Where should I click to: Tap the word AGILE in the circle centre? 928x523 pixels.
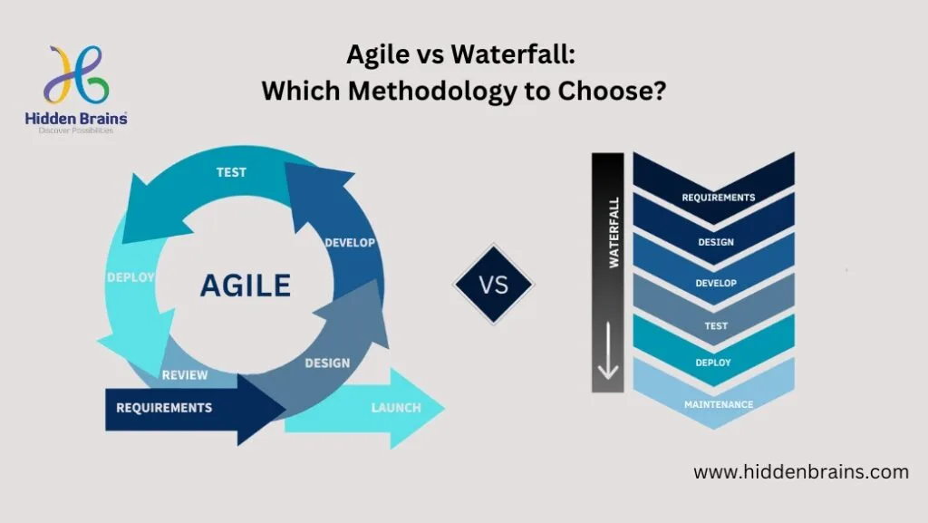tap(246, 286)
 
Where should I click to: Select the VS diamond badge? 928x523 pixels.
tap(494, 285)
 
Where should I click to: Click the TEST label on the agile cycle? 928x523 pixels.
tap(231, 172)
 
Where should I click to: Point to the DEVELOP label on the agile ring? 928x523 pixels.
tap(350, 243)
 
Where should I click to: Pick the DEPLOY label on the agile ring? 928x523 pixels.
tap(130, 277)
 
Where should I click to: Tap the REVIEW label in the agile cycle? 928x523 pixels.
tap(185, 375)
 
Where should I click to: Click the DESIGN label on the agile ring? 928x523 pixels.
tap(327, 363)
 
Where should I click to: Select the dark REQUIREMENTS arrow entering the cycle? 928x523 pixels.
tap(196, 408)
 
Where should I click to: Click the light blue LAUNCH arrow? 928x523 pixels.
tap(364, 408)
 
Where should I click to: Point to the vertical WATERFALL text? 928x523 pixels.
tap(614, 233)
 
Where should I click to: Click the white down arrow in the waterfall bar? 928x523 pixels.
tap(608, 350)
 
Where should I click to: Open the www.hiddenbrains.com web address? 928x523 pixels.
tap(801, 472)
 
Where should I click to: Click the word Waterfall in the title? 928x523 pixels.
tap(513, 54)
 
